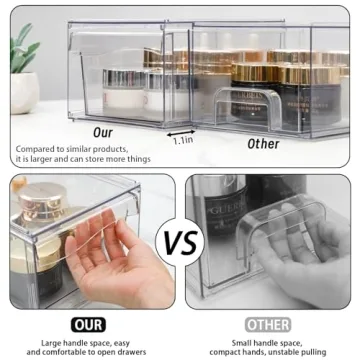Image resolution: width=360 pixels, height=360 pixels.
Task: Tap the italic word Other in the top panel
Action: pos(264,143)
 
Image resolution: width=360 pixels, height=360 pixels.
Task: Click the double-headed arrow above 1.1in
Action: pos(181,130)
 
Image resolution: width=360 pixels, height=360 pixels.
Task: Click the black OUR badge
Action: pos(87,325)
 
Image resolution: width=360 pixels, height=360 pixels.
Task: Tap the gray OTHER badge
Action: pos(268,325)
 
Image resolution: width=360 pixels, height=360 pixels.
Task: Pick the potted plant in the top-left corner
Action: pos(23,66)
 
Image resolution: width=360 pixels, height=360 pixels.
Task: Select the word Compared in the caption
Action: pos(34,149)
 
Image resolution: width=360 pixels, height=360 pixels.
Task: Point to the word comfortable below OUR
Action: pos(57,351)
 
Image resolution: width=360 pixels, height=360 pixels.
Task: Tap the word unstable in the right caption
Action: pos(281,351)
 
